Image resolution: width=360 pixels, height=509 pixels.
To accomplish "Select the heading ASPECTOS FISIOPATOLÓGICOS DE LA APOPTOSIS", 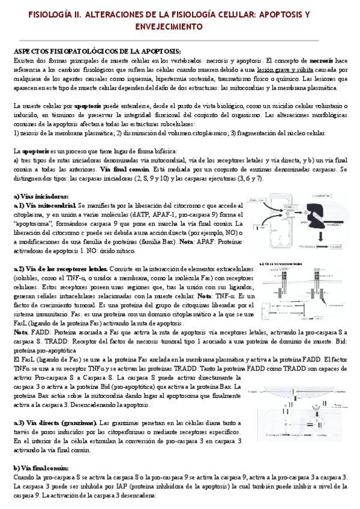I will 96,52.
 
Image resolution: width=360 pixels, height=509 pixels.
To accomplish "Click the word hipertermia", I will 203,79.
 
